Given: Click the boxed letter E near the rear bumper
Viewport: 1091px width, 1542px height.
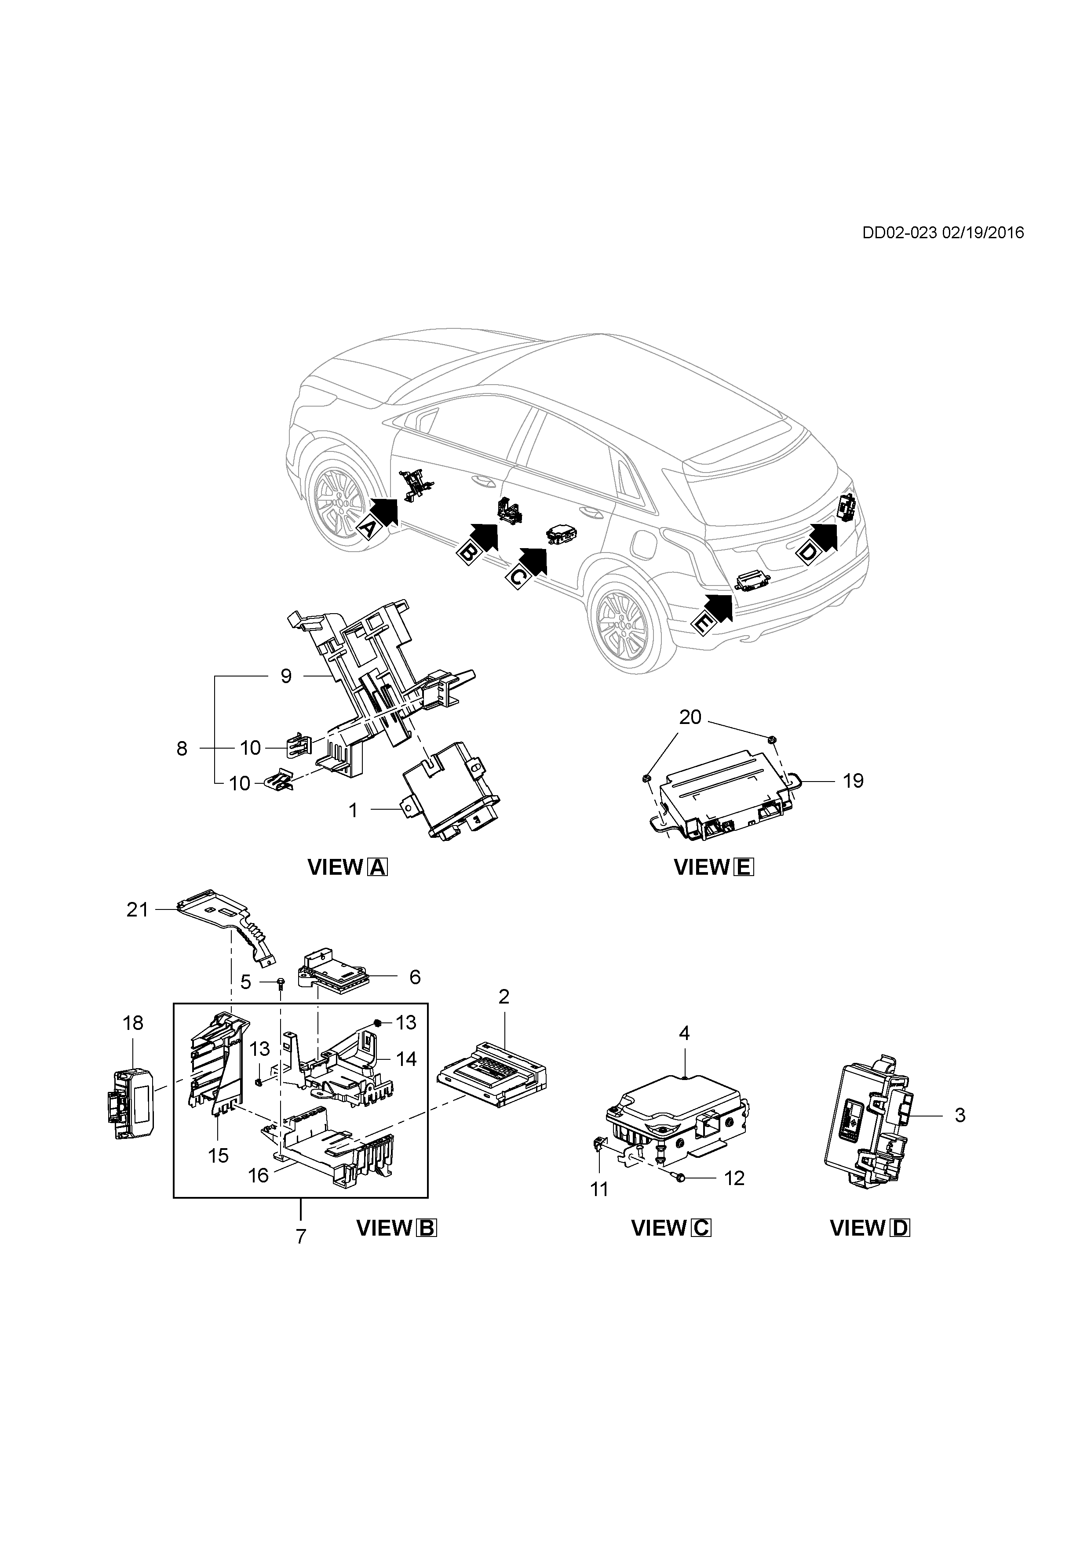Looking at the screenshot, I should point(701,624).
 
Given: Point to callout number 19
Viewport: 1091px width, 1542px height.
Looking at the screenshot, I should point(853,781).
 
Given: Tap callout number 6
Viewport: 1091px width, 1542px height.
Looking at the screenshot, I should point(415,977).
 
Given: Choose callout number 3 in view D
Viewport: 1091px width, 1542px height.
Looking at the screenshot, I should point(960,1115).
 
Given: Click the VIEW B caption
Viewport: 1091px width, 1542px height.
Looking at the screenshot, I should point(396,1228).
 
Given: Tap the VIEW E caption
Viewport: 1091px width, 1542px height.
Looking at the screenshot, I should point(713,868).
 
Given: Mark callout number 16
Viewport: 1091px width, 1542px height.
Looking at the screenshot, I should point(258,1175).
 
